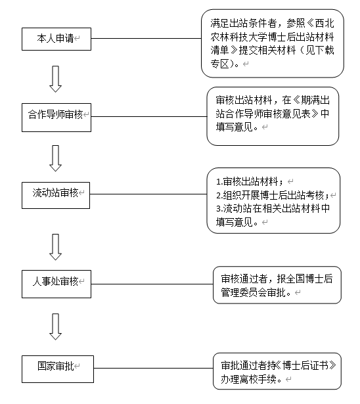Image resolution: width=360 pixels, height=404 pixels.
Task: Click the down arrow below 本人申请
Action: coord(55,78)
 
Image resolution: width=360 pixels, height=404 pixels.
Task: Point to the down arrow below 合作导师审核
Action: coord(55,157)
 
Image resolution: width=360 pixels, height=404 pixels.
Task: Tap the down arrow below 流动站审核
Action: coord(55,247)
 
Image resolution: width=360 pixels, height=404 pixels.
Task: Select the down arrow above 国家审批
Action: coord(55,325)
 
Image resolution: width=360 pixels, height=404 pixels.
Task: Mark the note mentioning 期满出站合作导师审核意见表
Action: coord(273,116)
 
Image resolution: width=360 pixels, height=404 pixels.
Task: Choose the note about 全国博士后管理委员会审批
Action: coord(277,284)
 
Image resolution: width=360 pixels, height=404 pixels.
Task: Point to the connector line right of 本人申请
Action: coord(145,38)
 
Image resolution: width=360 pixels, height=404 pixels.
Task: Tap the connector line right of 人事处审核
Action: coord(150,284)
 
